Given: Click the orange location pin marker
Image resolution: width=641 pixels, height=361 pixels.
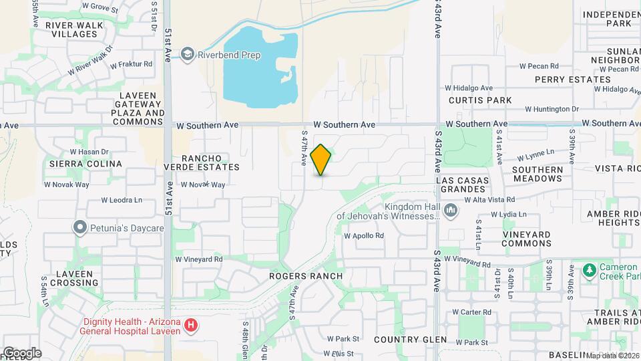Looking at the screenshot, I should click(321, 160).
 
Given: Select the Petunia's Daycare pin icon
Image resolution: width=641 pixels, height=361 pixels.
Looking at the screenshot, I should click(80, 228).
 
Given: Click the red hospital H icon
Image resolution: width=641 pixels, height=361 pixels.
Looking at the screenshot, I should click(192, 326).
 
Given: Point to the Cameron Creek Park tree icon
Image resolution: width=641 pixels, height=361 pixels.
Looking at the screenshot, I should click(589, 270).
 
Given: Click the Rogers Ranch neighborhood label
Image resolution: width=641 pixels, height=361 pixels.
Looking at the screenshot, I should click(306, 276).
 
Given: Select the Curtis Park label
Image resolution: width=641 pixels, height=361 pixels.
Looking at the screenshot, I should click(480, 100).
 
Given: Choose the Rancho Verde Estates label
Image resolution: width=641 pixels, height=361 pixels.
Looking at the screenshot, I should click(201, 162).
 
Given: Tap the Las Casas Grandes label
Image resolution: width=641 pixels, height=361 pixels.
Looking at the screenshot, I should click(462, 185).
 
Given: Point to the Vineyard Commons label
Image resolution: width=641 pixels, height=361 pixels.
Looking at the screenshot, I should click(525, 239).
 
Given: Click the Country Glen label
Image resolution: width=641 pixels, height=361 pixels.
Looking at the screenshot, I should click(410, 340).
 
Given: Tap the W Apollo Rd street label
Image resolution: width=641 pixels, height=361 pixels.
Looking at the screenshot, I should click(364, 235).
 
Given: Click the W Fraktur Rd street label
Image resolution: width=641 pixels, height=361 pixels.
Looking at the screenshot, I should click(132, 64).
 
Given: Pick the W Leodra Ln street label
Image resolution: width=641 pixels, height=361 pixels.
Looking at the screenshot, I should click(122, 200).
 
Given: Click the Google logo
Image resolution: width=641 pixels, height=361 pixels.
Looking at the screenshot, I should click(21, 352).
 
